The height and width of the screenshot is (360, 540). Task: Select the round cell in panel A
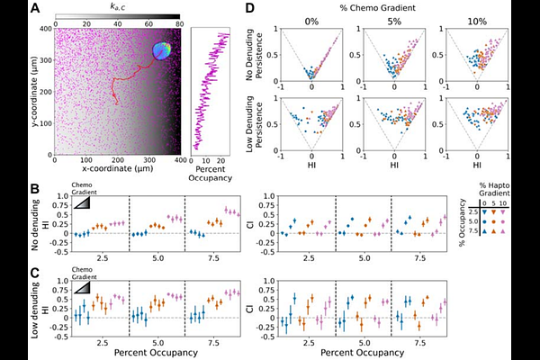coord(161,51)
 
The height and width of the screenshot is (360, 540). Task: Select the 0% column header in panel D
coord(310,22)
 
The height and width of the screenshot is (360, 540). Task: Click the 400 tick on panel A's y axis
coord(45,28)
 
